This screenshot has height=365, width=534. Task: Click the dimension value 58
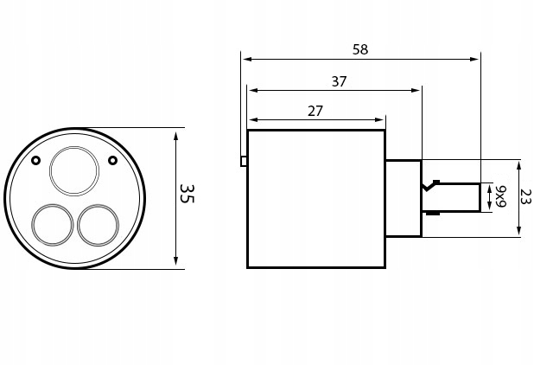(360, 49)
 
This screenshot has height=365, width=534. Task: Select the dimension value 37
(339, 81)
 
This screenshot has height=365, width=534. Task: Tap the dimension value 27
(315, 111)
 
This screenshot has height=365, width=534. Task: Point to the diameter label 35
(186, 193)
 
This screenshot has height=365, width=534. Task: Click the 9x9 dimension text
(500, 196)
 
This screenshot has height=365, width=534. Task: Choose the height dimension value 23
(524, 196)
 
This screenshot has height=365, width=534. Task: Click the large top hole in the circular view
(74, 170)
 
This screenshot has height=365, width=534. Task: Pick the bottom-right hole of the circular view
(98, 225)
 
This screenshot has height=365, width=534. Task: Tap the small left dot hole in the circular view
(35, 160)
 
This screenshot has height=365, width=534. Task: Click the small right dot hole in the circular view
(112, 160)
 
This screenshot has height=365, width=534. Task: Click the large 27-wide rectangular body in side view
(315, 199)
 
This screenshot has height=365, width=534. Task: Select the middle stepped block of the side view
(403, 198)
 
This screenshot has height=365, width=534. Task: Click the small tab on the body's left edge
(244, 161)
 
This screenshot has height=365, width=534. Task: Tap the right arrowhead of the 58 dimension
(474, 60)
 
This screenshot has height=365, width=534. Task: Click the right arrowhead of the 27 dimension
(379, 120)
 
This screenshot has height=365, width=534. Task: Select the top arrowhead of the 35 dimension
(175, 135)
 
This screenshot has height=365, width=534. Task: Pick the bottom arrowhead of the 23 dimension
(518, 231)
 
